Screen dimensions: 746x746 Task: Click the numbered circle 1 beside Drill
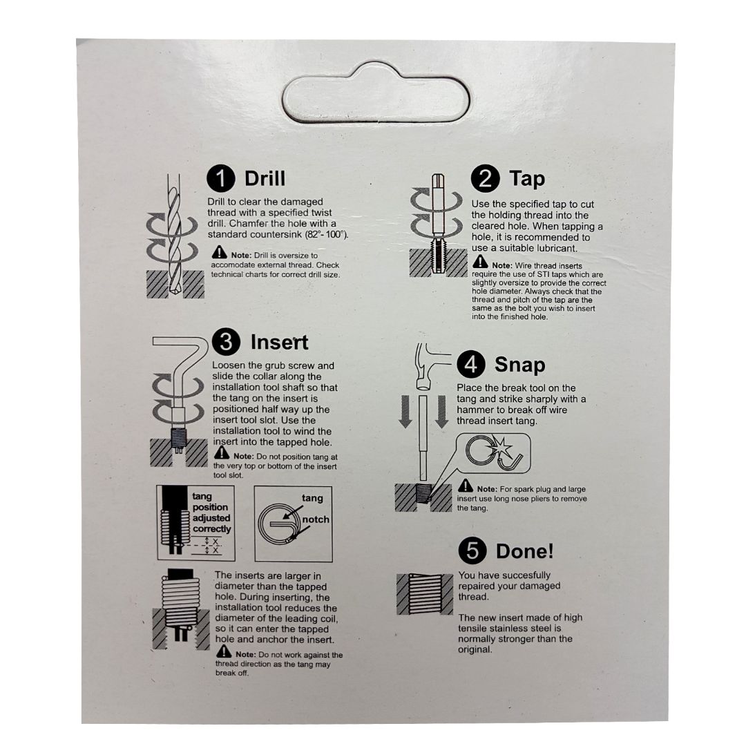pos(221,179)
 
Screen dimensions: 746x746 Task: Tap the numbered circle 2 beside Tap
pos(486,178)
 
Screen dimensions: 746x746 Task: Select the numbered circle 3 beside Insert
pos(227,342)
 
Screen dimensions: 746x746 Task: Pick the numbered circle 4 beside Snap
pos(471,365)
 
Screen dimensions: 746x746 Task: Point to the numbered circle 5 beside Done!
pos(473,551)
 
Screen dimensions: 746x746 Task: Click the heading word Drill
pos(265,179)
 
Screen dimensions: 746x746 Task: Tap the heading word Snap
pos(520,365)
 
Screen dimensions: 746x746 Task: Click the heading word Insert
pos(279,343)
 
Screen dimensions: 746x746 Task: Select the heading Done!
pos(525,551)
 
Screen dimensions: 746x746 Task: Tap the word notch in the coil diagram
pos(316,519)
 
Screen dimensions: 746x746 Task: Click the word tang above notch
pos(312,498)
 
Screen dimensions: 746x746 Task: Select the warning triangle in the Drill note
pos(220,252)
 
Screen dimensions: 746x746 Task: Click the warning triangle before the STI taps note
pos(481,262)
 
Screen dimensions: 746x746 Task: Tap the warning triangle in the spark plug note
pos(466,486)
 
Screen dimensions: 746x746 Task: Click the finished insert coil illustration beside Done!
pos(425,594)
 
